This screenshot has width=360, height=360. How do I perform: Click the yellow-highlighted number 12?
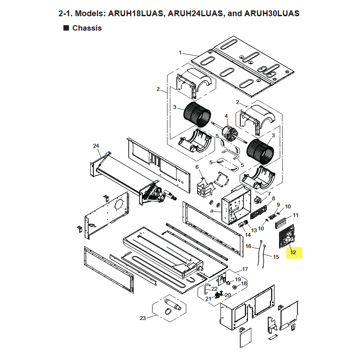[x=293, y=252]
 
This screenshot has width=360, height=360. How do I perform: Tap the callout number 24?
[x=96, y=146]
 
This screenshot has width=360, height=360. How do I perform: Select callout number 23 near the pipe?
[x=143, y=318]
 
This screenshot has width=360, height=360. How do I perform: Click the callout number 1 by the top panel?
[x=180, y=53]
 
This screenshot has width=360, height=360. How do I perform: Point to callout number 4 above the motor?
[x=226, y=116]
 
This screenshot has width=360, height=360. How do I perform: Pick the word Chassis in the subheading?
[x=87, y=28]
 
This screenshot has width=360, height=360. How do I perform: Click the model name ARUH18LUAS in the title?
[x=135, y=13]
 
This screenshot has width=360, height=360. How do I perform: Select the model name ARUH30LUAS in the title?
[x=272, y=13]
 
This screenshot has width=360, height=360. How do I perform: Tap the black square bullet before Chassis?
[x=66, y=28]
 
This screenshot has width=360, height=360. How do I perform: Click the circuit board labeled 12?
[x=287, y=237]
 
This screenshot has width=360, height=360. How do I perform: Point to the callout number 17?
[x=245, y=269]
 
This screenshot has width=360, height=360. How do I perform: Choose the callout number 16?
[x=248, y=246]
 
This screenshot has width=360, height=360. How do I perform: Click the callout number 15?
[x=276, y=257]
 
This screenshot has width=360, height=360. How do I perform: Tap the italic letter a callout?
[x=211, y=211]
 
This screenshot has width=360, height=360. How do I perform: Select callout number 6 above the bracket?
[x=197, y=167]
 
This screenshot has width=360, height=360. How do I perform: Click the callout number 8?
[x=274, y=198]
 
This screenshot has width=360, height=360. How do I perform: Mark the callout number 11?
[x=296, y=215]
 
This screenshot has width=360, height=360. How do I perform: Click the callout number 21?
[x=208, y=299]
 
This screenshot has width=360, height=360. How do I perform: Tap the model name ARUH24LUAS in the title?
[x=195, y=13]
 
